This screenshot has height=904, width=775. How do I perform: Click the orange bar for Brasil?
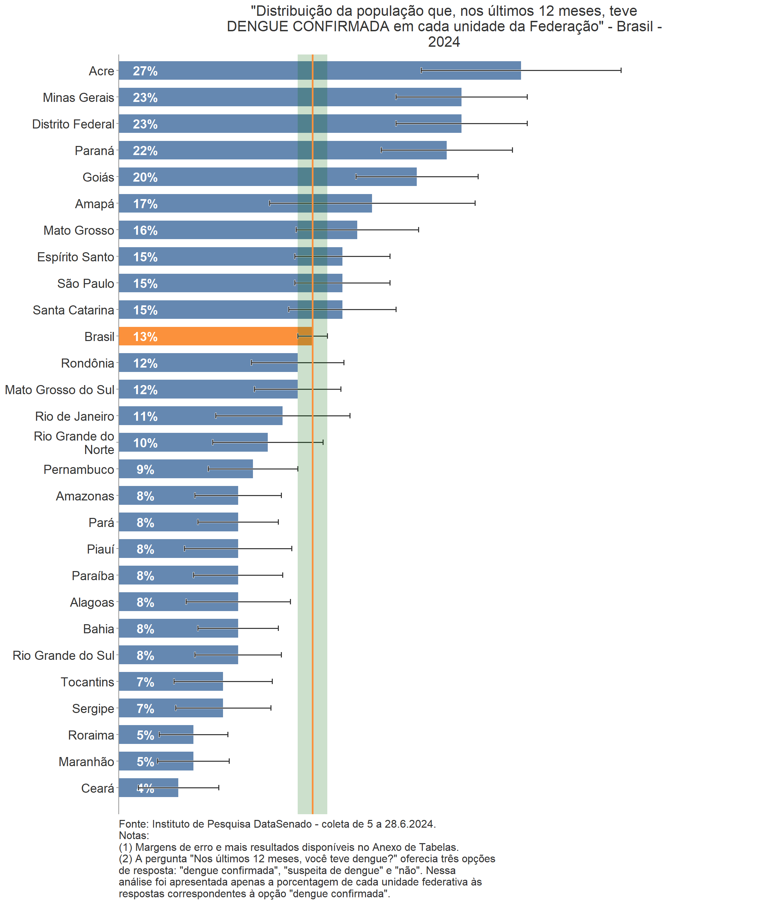[210, 336]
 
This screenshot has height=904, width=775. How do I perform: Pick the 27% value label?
[145, 71]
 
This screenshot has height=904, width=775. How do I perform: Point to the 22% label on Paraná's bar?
[145, 151]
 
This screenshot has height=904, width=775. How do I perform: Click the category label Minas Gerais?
[79, 98]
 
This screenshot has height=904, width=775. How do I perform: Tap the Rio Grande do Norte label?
[74, 443]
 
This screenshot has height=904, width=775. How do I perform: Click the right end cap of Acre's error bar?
[621, 70]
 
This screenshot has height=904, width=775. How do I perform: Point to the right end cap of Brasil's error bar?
[327, 336]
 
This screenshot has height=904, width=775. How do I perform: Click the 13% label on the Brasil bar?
[145, 337]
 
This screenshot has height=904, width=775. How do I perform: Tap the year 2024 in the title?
[444, 42]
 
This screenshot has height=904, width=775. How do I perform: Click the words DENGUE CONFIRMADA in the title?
[308, 27]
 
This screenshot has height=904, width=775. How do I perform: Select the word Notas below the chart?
[133, 835]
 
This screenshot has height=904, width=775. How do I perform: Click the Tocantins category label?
[87, 682]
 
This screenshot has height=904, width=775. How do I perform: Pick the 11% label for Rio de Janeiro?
[145, 417]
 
